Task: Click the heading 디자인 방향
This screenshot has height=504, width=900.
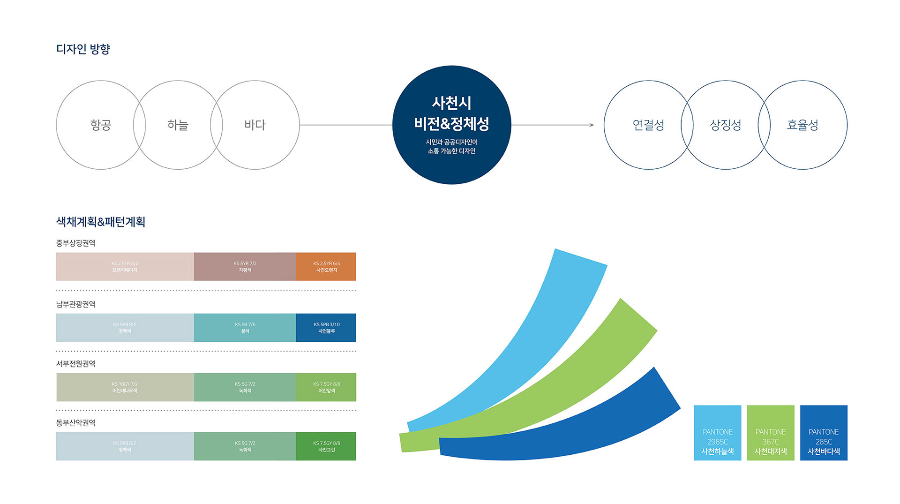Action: (83, 49)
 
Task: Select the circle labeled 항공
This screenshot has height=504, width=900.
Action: (100, 125)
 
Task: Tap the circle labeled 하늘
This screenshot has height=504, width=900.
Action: (178, 125)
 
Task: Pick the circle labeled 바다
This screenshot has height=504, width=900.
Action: (255, 125)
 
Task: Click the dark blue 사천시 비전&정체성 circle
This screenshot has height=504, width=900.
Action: (451, 125)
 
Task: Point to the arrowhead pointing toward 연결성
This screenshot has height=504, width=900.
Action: (592, 125)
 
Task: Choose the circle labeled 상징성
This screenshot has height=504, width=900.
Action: (725, 125)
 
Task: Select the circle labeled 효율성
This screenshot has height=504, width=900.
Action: (802, 125)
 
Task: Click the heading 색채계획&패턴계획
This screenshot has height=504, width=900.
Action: (100, 222)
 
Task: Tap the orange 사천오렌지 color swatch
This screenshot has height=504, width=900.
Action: (326, 267)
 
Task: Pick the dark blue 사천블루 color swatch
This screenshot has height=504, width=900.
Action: (326, 328)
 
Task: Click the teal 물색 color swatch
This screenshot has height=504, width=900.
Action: (245, 328)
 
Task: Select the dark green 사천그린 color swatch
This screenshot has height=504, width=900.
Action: (326, 446)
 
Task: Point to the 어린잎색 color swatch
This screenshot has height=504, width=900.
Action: (326, 387)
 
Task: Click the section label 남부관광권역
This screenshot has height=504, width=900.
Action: (75, 304)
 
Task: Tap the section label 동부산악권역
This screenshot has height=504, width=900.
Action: (75, 423)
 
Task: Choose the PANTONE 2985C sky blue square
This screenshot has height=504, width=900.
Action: (717, 433)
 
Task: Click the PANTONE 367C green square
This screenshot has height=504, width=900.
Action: (770, 433)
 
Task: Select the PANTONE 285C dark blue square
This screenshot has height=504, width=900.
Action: (824, 433)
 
